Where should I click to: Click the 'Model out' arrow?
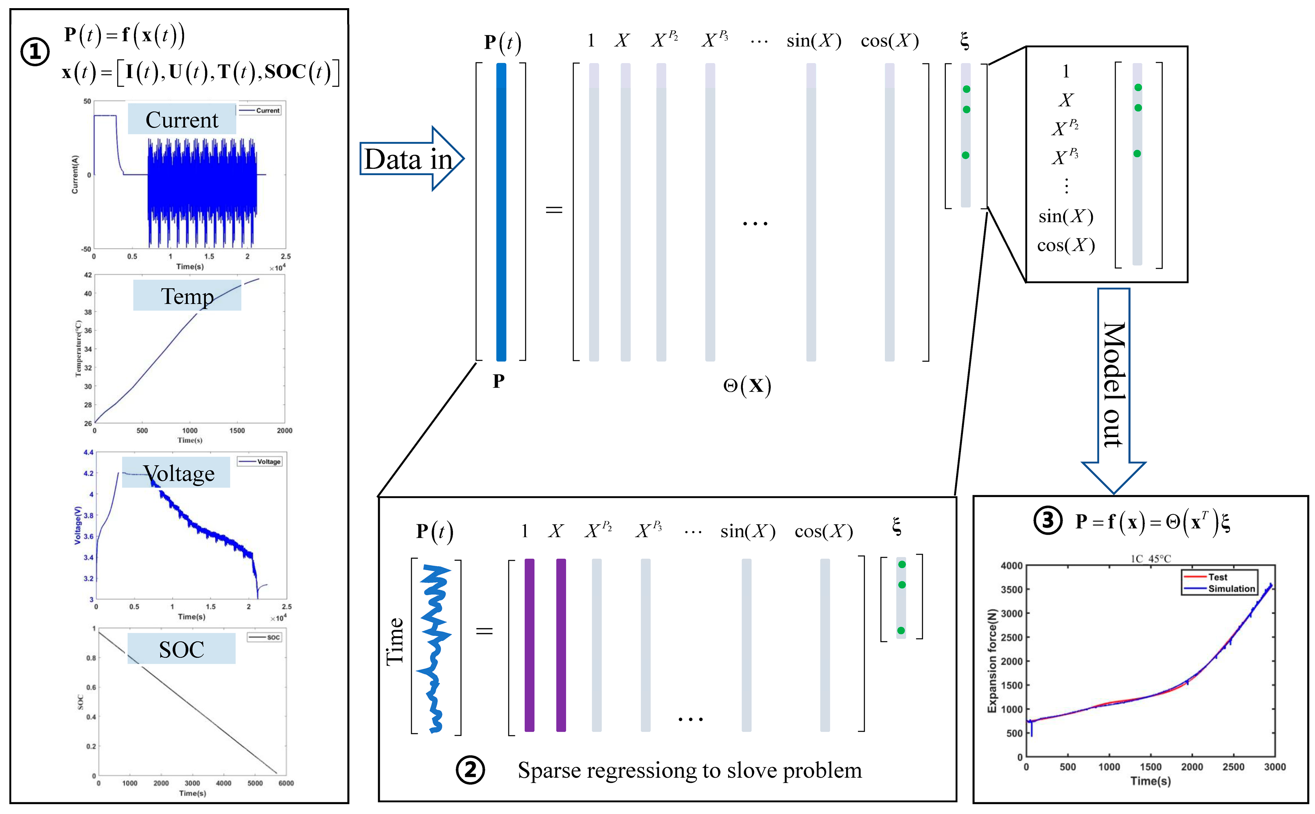click(x=1113, y=387)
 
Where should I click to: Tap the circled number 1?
click(x=35, y=52)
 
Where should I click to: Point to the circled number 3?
click(x=1048, y=521)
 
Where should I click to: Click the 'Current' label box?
click(x=182, y=119)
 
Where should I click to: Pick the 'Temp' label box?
click(x=187, y=295)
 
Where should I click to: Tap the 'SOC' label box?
click(x=182, y=649)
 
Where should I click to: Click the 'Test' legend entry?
click(x=1218, y=577)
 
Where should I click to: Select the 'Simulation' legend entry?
click(x=1231, y=589)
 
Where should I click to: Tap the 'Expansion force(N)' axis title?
click(x=991, y=661)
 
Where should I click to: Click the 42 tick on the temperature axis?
click(x=88, y=275)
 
